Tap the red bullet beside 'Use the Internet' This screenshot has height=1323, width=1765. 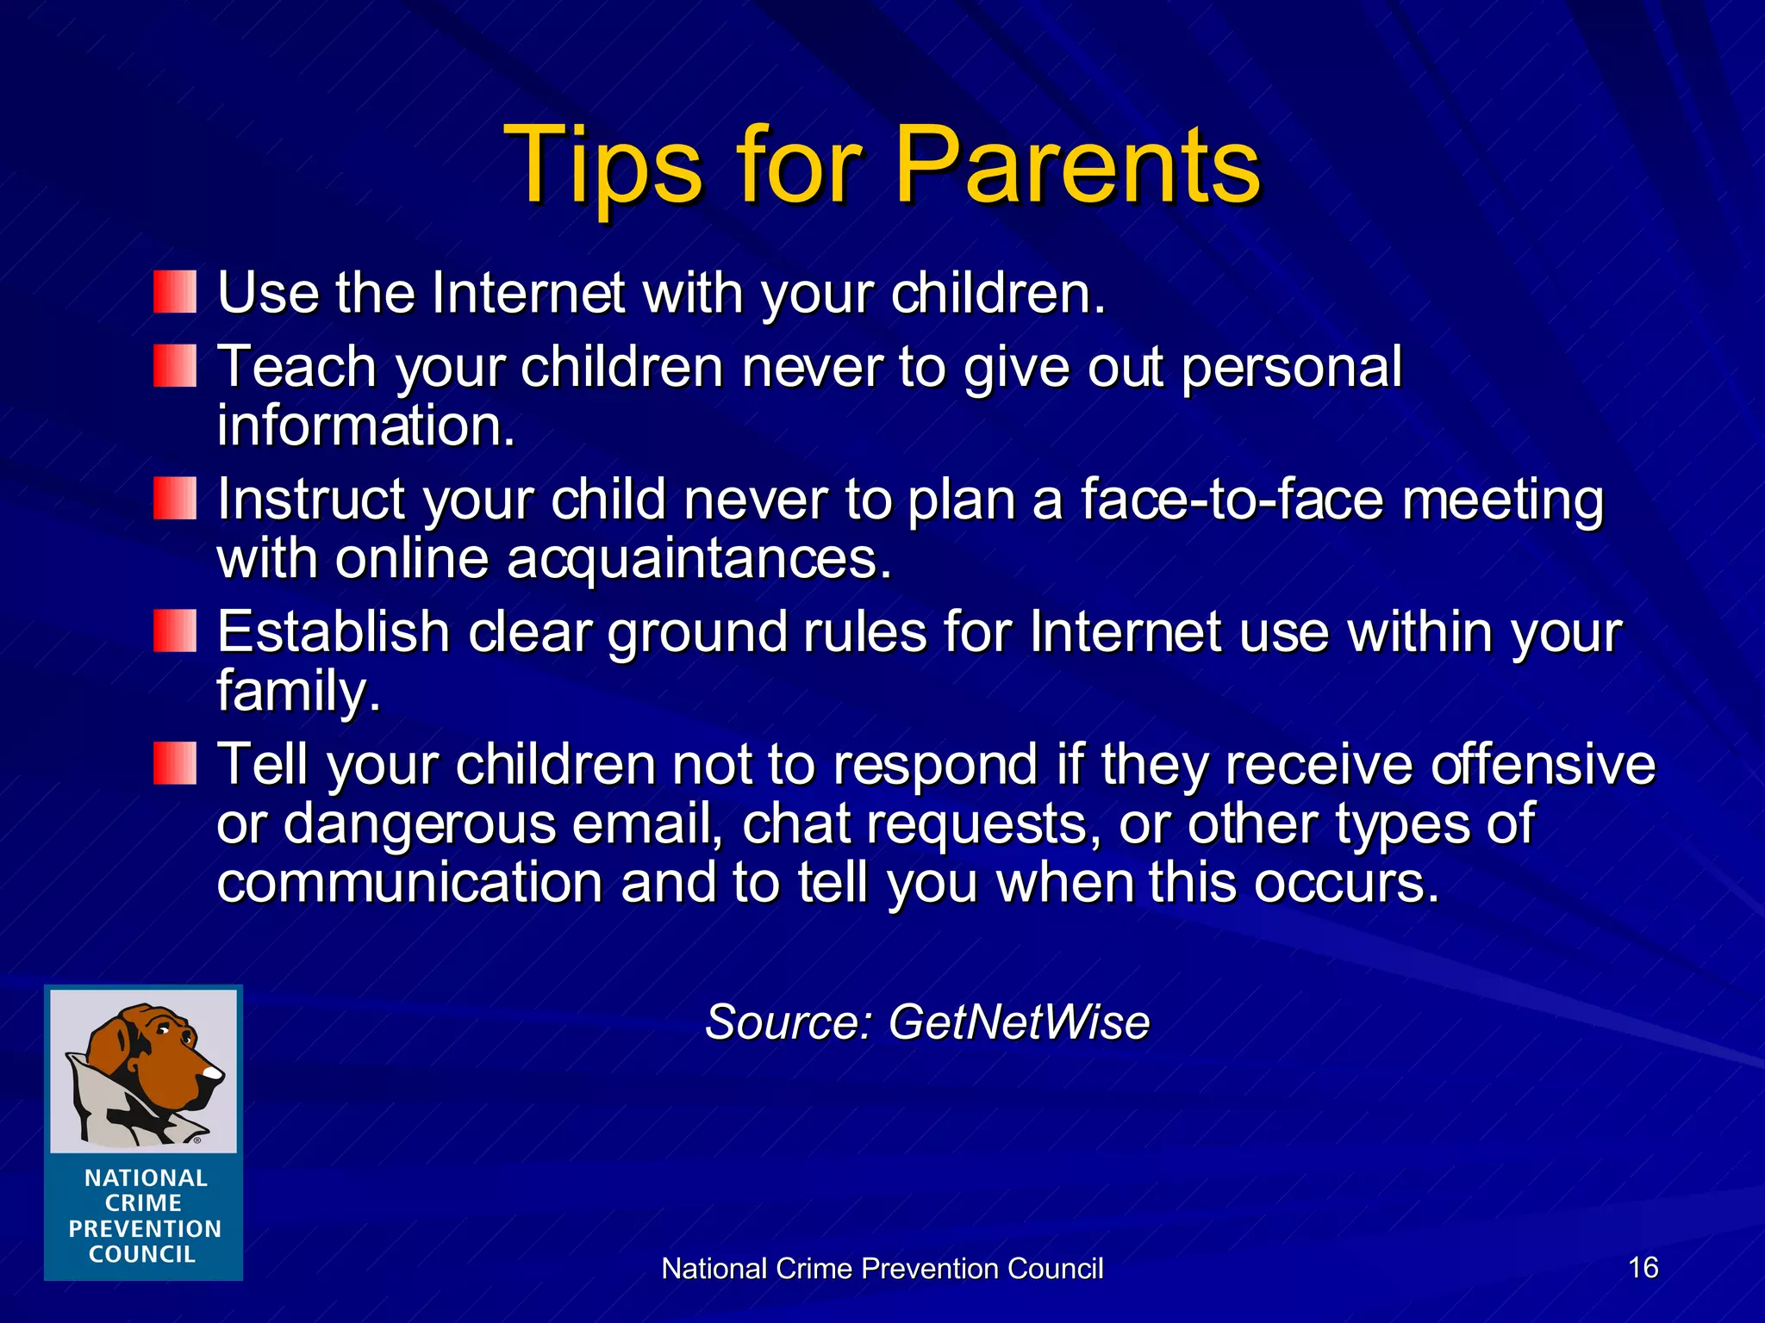(x=175, y=292)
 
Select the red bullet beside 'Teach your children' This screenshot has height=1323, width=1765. (x=175, y=366)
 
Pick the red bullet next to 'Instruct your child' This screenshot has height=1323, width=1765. (x=175, y=499)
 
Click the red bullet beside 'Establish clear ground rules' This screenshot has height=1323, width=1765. (x=175, y=631)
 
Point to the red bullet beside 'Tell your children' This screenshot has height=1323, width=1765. (x=175, y=764)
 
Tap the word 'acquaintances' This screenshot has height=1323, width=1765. (x=698, y=560)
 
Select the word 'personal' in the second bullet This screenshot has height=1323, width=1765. (x=1291, y=368)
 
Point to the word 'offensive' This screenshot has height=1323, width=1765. (x=1543, y=765)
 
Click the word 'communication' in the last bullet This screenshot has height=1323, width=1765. (x=409, y=883)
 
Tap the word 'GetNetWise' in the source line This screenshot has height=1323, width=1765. (x=1019, y=1022)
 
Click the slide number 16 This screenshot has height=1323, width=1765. (x=1643, y=1268)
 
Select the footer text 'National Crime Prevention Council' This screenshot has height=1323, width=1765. (x=882, y=1269)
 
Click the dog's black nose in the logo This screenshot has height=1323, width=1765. (x=212, y=1073)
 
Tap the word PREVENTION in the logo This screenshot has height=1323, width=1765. (x=145, y=1229)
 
